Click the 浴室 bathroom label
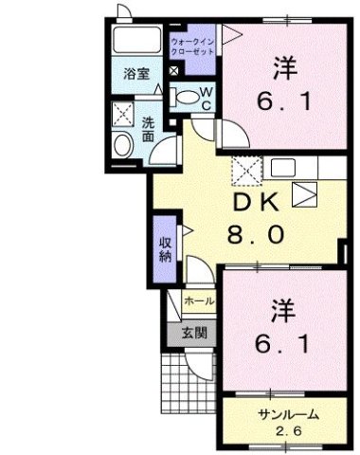click(135, 73)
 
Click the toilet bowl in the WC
click(187, 95)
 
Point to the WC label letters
click(206, 97)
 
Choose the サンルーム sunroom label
click(287, 414)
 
